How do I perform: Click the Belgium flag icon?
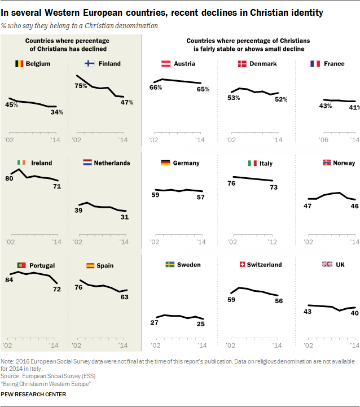tap(19, 64)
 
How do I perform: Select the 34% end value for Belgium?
tap(56, 112)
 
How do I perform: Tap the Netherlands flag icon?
tap(87, 163)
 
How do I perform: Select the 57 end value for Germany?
tap(201, 197)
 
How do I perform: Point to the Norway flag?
tap(326, 163)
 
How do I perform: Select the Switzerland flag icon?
tap(242, 265)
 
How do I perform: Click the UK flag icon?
tap(326, 265)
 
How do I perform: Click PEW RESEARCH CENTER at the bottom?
tap(33, 394)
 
